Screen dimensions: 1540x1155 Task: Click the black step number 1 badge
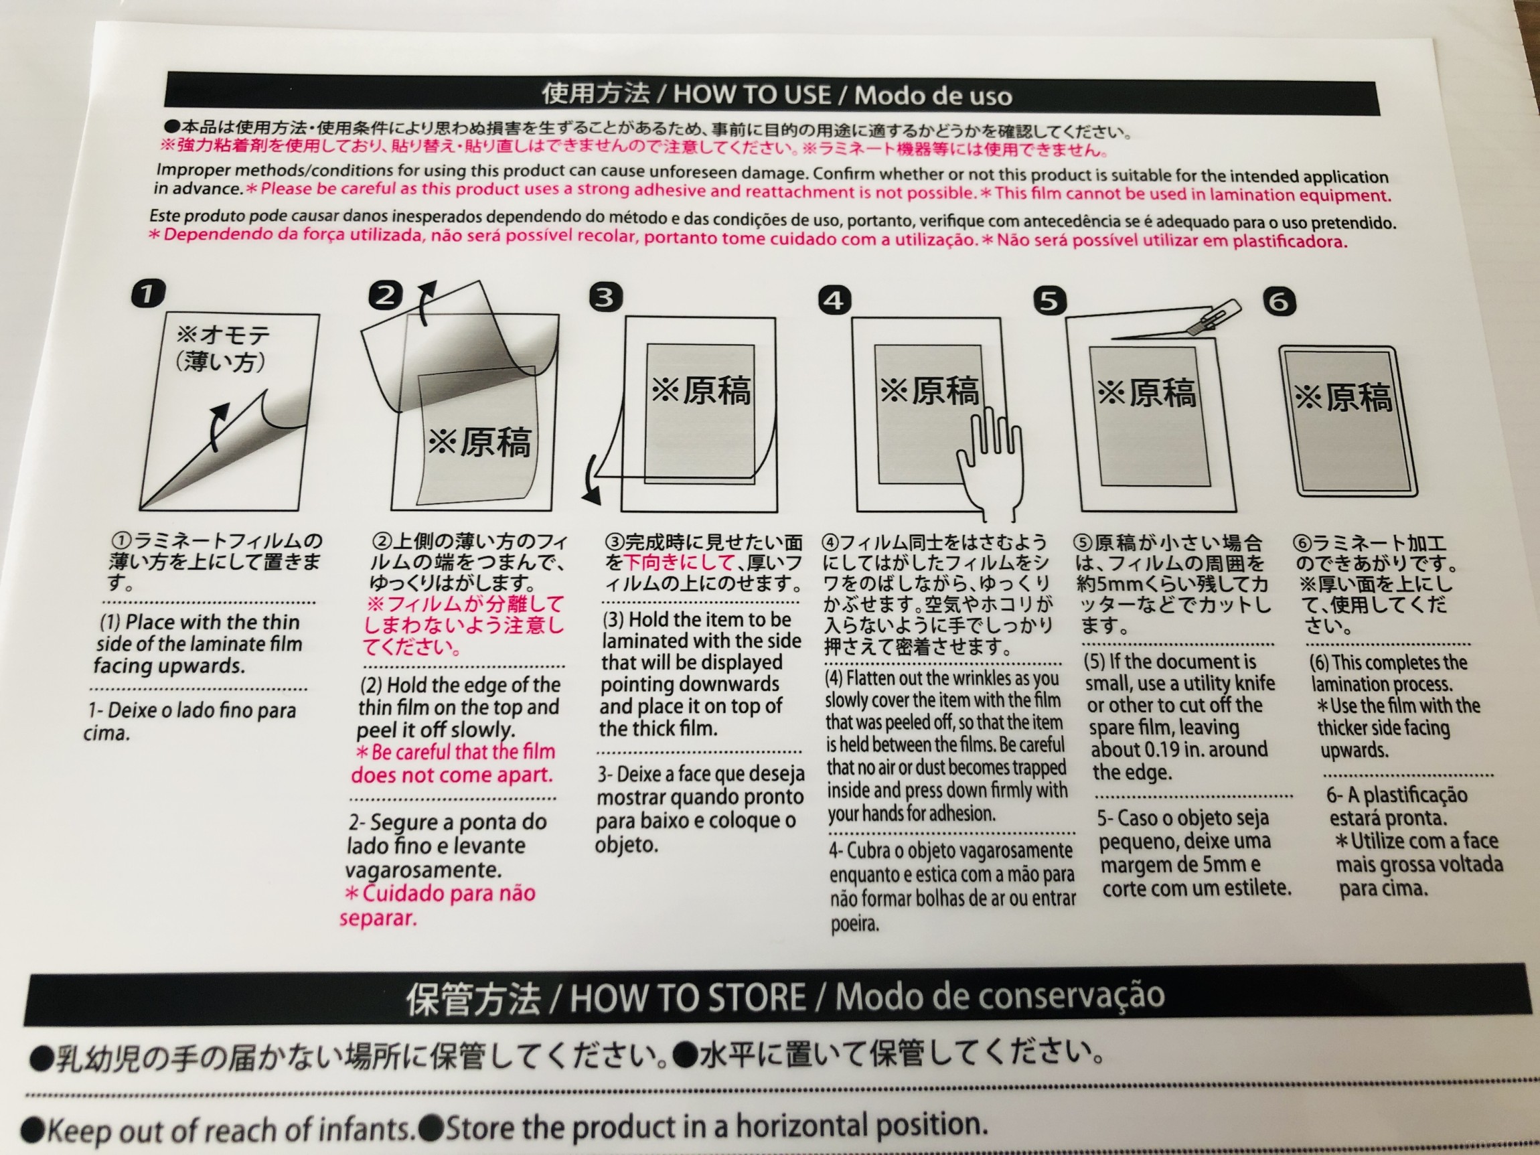147,293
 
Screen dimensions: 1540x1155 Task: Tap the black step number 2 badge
386,295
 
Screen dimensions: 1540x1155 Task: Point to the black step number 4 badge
835,300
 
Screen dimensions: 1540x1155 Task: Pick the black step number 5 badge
1050,301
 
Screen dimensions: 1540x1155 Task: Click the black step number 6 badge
1280,301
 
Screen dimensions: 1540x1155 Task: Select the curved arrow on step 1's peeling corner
220,425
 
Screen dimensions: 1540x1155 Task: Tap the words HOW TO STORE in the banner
687,997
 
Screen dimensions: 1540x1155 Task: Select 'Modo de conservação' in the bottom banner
1000,995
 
